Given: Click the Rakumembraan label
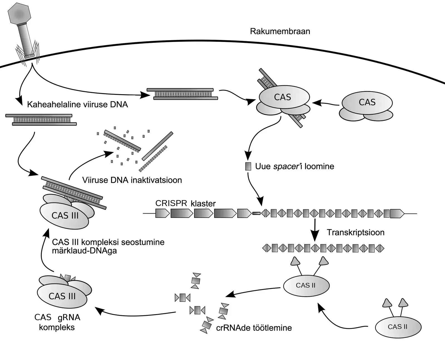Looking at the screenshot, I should (280, 31).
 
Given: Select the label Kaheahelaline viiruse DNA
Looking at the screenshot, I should (77, 105).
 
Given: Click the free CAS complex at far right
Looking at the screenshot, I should (367, 103).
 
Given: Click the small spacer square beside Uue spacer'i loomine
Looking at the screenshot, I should (248, 166).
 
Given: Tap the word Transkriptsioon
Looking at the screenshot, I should (355, 232).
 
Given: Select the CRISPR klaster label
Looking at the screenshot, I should (185, 203).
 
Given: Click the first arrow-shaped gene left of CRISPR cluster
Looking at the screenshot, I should (162, 213).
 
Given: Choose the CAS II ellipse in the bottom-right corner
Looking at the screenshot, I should (398, 327).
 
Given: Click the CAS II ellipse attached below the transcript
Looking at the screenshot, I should (306, 285).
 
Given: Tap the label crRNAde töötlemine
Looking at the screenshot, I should (254, 328).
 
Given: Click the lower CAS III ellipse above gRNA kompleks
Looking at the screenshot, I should (62, 296).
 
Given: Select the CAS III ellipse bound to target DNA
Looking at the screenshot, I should (65, 216).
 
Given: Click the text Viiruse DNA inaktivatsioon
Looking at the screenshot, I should (132, 180).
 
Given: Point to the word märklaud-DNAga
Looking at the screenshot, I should (84, 251).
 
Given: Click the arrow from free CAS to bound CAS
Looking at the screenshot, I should (325, 103).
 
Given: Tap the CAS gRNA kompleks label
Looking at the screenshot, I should (57, 322).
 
